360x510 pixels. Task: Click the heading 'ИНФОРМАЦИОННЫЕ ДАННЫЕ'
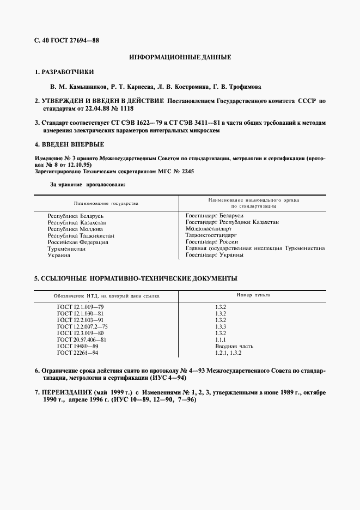pyautogui.click(x=180, y=57)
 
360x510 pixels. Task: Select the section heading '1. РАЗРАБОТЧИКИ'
pyautogui.click(x=64, y=72)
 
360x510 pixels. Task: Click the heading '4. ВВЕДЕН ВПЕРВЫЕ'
pyautogui.click(x=69, y=144)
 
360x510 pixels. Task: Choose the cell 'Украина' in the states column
pyautogui.click(x=59, y=255)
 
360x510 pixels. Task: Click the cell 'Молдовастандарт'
pyautogui.click(x=209, y=229)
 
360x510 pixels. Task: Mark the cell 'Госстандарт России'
pyautogui.click(x=211, y=242)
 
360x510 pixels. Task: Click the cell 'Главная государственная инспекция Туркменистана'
pyautogui.click(x=255, y=248)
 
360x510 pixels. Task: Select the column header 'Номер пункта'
pyautogui.click(x=253, y=295)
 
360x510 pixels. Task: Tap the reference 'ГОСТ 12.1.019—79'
pyautogui.click(x=80, y=307)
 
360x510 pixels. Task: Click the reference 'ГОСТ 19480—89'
pyautogui.click(x=77, y=346)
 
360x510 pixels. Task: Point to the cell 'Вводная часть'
pyautogui.click(x=234, y=346)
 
